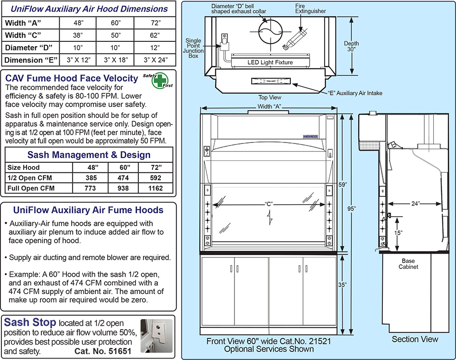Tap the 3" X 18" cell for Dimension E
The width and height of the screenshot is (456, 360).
point(115,60)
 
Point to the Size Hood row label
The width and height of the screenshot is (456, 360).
point(23,167)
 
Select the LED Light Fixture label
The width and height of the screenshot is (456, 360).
point(270,63)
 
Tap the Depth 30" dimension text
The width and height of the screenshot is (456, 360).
point(352,46)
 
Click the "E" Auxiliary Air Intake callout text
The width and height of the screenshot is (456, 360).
point(355,93)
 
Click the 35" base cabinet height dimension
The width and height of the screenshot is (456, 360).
point(342,285)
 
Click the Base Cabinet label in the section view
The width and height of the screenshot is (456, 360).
point(408,264)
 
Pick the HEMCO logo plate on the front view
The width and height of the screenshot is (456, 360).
point(310,136)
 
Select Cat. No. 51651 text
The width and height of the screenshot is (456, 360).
point(103,351)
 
